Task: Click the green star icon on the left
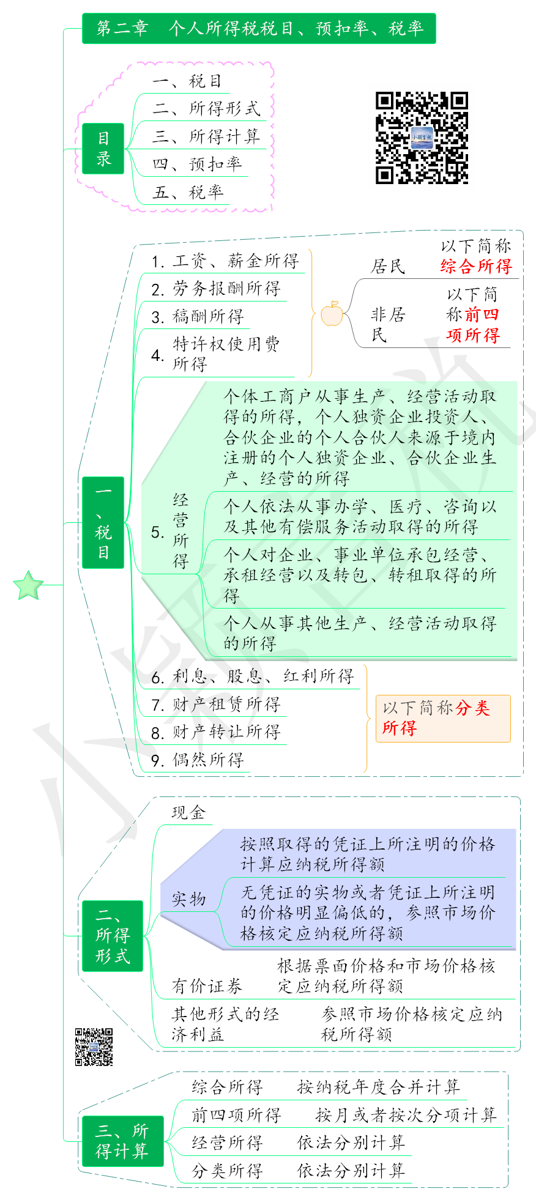(29, 585)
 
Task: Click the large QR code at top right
(422, 138)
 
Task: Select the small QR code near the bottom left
(94, 1046)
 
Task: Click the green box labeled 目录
(103, 149)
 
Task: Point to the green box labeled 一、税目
(103, 522)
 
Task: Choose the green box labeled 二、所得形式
(113, 936)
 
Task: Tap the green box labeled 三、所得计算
(122, 1141)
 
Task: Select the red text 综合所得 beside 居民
(476, 266)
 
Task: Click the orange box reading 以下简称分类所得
(443, 718)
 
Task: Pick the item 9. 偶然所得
(198, 760)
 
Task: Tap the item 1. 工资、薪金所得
(225, 261)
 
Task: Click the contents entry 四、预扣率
(197, 164)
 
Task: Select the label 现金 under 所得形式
(188, 812)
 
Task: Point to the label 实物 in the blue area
(188, 898)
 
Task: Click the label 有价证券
(207, 986)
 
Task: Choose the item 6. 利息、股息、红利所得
(253, 676)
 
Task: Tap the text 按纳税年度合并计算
(379, 1087)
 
